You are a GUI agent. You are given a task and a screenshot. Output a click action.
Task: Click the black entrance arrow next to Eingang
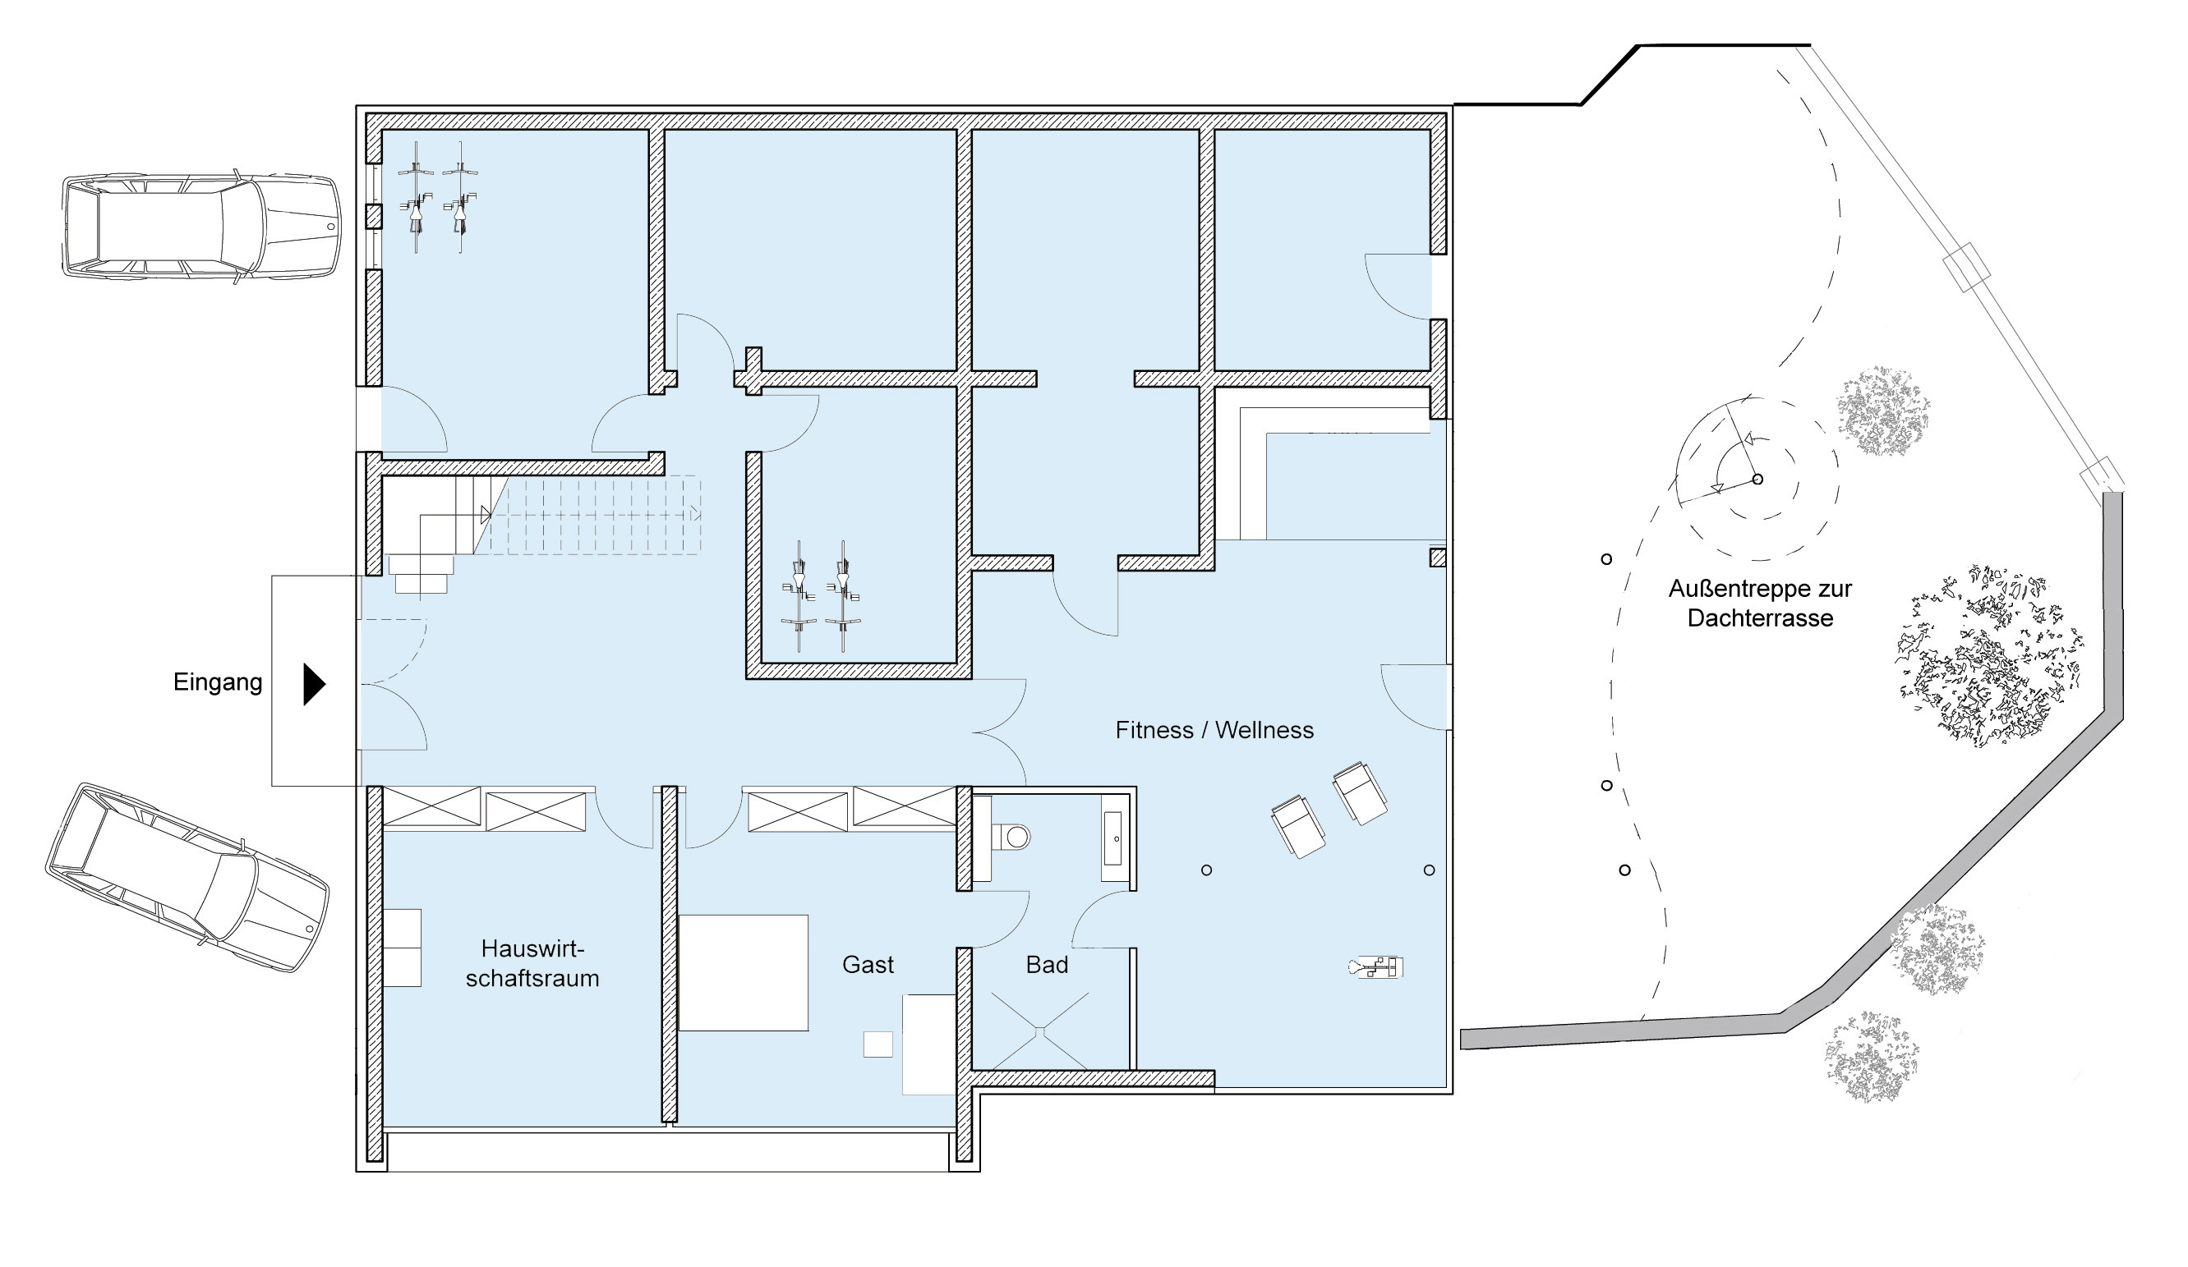tap(313, 685)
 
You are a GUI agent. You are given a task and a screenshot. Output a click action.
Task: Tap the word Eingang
tap(218, 683)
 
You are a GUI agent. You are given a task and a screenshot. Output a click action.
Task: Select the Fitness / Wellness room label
tap(1214, 731)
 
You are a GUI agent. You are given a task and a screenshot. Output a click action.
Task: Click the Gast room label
tap(868, 965)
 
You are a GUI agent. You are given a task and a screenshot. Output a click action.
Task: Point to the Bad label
tap(1046, 965)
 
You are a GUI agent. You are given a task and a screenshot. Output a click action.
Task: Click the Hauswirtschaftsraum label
tap(532, 963)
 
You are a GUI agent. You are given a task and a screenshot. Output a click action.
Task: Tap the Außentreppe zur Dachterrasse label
tap(1760, 604)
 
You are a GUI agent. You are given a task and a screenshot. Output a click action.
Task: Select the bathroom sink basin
tap(1112, 839)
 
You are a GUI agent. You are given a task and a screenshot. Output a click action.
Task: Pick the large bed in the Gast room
tap(744, 973)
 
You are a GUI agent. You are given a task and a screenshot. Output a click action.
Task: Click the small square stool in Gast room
tap(878, 1044)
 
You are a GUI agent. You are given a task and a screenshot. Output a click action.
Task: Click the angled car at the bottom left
tap(187, 876)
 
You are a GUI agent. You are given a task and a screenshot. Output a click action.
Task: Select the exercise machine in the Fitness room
tap(1376, 966)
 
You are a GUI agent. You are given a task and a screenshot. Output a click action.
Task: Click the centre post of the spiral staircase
tap(1757, 479)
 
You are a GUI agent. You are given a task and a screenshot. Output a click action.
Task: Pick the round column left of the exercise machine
tap(1206, 870)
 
